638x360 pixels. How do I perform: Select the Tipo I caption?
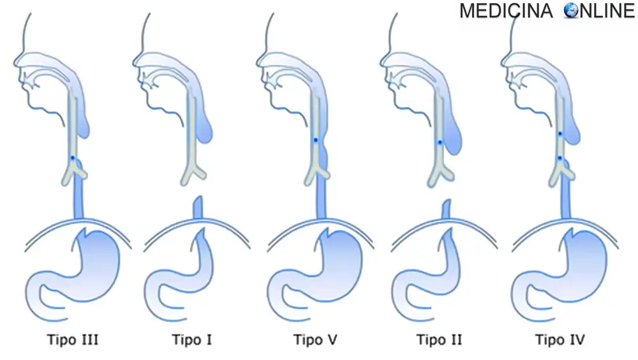(192, 339)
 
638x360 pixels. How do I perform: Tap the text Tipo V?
(315, 339)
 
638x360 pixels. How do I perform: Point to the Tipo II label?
(439, 339)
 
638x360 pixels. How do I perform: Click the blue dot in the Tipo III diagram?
(73, 158)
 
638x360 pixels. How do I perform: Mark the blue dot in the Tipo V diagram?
(316, 140)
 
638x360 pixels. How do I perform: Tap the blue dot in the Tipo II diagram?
(440, 142)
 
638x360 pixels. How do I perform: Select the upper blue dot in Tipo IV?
(560, 134)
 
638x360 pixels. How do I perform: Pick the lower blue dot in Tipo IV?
(560, 158)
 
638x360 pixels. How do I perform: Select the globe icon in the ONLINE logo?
(570, 11)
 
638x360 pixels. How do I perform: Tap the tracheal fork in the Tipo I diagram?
(192, 171)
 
